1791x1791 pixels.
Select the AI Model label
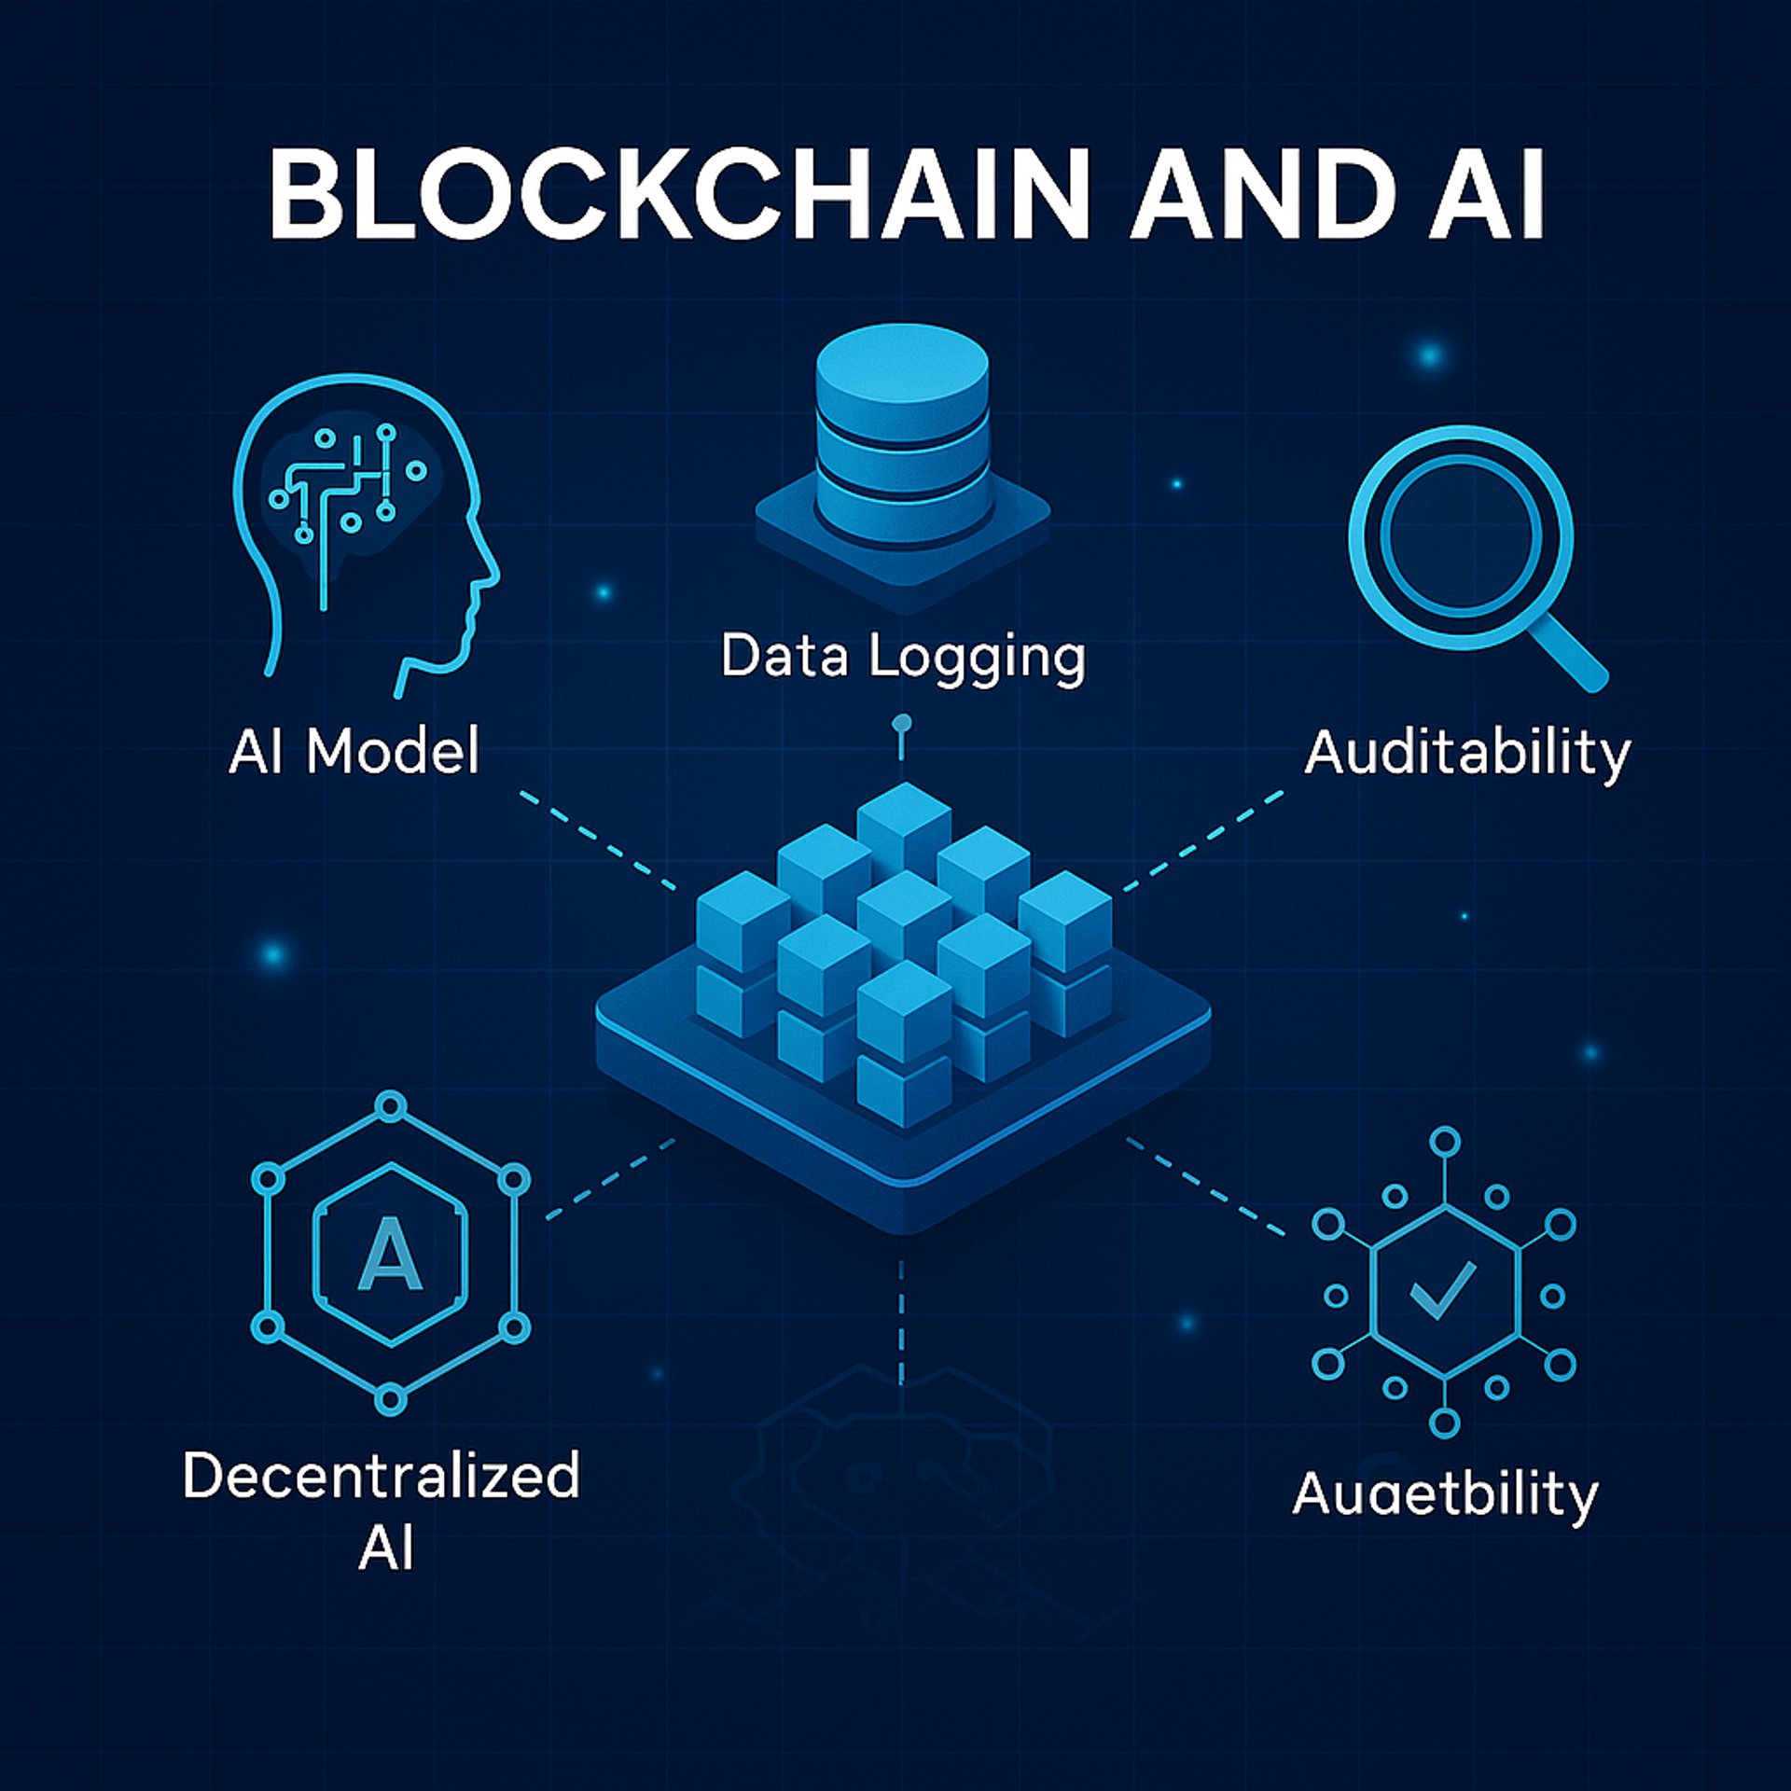[x=354, y=752]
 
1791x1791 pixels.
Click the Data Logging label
[x=903, y=657]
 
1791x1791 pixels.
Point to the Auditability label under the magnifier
[x=1467, y=754]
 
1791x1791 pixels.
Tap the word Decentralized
[x=382, y=1476]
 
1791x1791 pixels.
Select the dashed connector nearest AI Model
[x=597, y=840]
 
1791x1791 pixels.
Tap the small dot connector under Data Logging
[x=901, y=724]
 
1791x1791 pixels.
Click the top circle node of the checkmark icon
[x=1444, y=1141]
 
